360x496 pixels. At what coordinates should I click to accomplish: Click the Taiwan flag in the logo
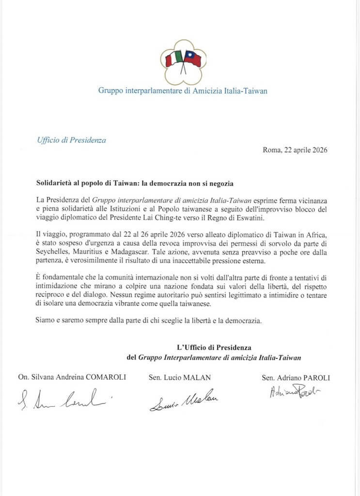(192, 59)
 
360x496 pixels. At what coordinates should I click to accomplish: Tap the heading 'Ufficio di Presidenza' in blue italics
(71, 140)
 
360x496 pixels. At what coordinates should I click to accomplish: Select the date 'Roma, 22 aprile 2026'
(295, 150)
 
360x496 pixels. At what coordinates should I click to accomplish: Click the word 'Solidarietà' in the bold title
(56, 184)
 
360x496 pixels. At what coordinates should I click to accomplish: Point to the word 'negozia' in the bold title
(221, 184)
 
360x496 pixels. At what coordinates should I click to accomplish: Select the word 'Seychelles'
(53, 252)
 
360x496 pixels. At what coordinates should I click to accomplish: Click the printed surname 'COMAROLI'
(104, 378)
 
